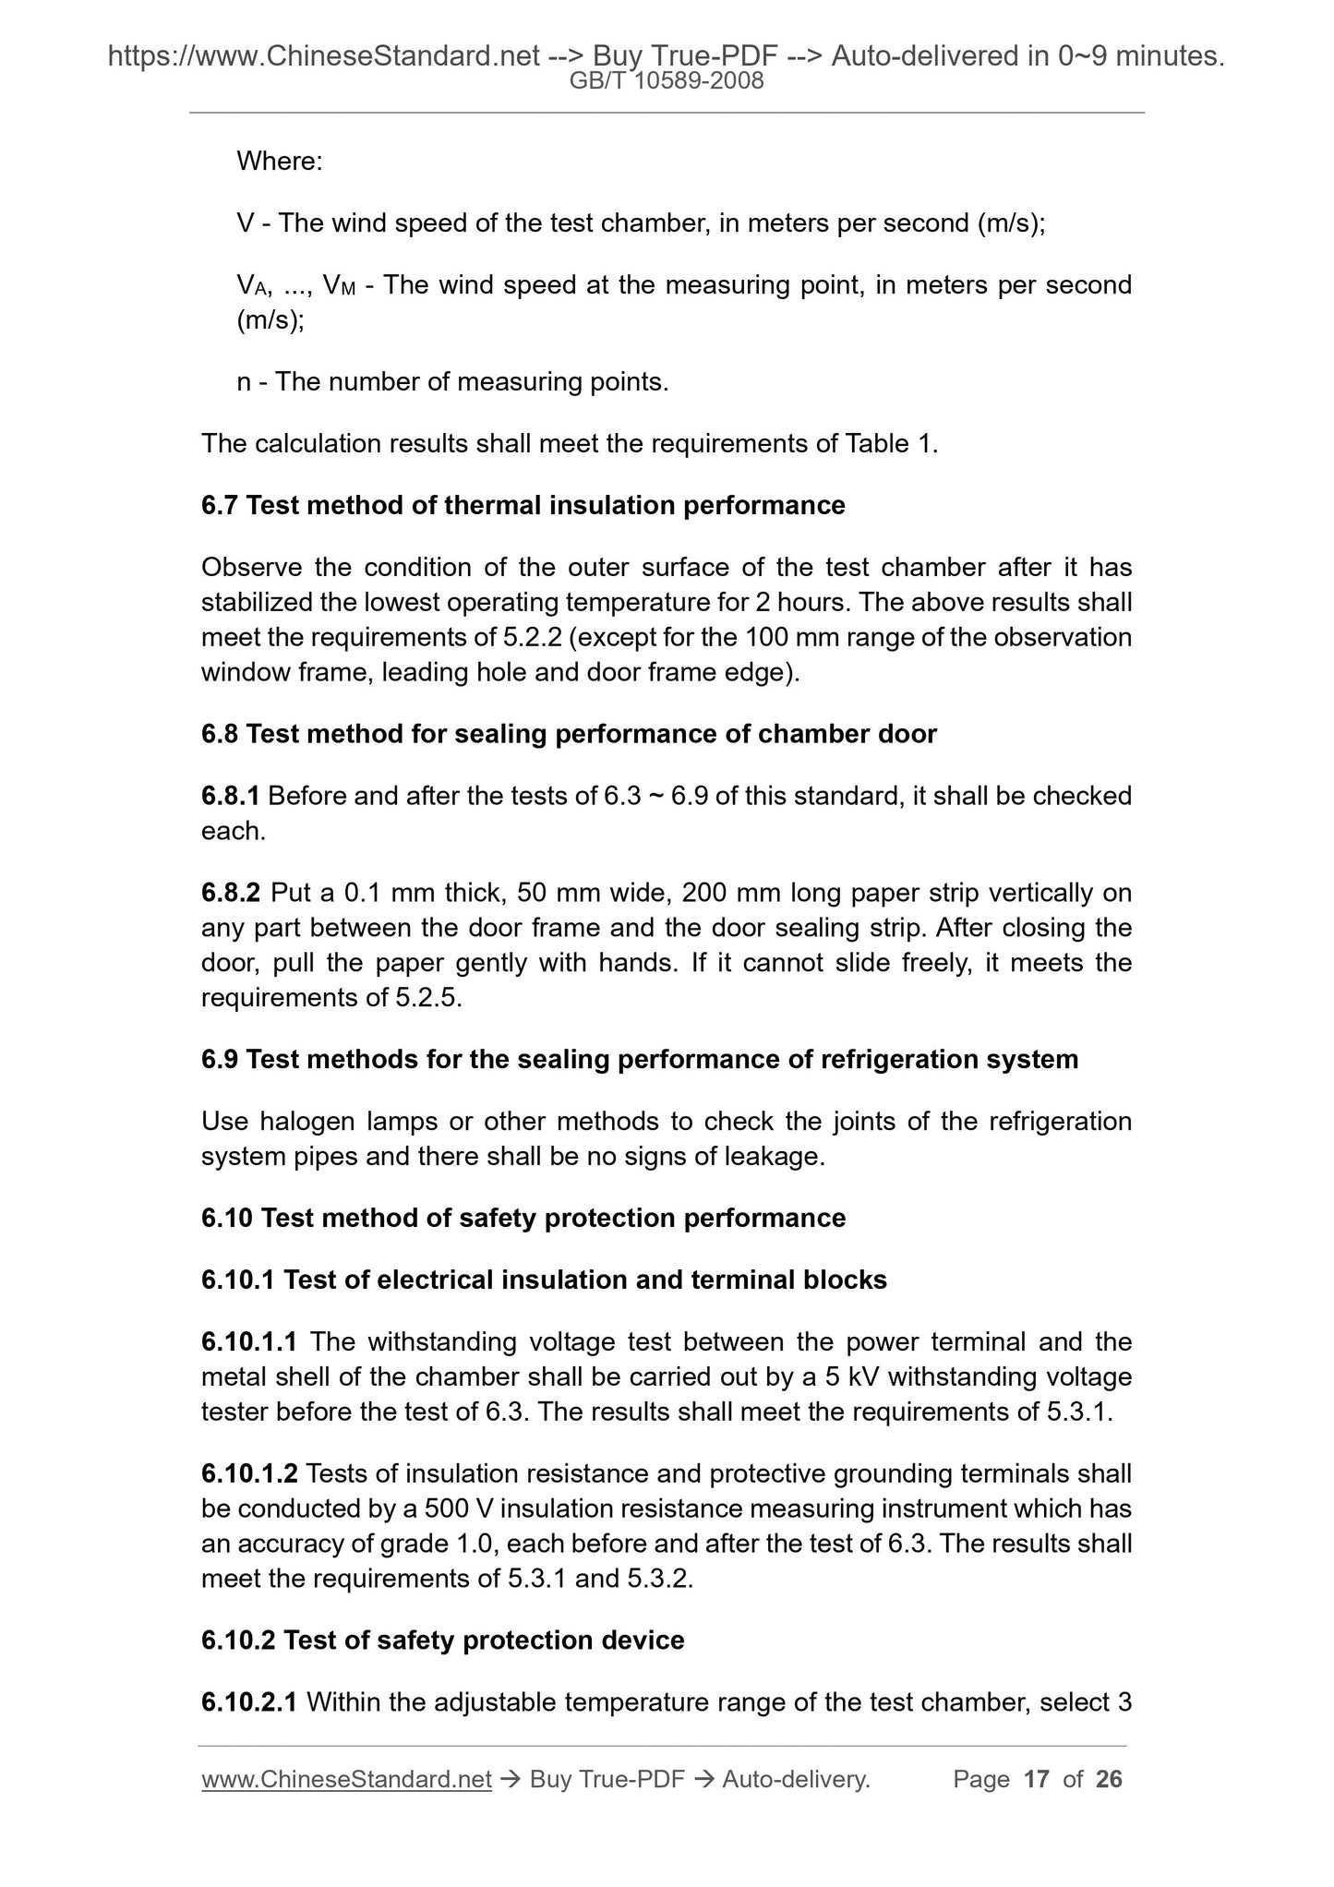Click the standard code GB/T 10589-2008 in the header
(x=667, y=81)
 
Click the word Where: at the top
(x=280, y=162)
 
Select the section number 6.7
(x=220, y=506)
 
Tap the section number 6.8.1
(x=231, y=796)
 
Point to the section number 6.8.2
(x=232, y=894)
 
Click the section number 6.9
(x=220, y=1059)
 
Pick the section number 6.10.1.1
(x=251, y=1341)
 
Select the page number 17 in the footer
(x=1037, y=1779)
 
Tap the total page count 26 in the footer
(x=1109, y=1779)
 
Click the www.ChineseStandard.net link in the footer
(x=346, y=1779)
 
